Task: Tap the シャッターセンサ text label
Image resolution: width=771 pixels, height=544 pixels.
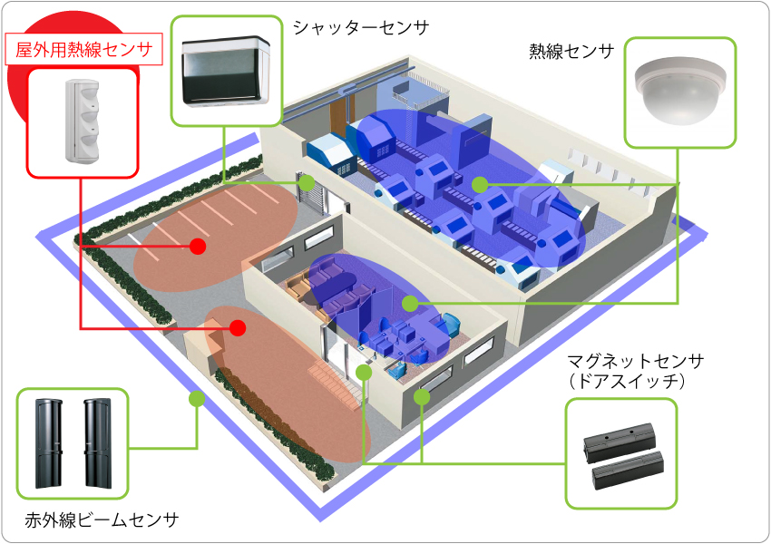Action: point(360,28)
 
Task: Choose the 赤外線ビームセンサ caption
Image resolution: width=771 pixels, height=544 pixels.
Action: point(102,520)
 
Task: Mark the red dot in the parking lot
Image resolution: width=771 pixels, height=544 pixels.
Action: point(198,246)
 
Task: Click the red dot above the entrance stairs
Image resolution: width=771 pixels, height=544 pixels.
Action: point(238,327)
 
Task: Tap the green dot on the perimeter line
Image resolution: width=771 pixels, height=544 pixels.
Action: point(195,398)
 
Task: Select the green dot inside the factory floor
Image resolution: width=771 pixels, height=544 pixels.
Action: point(479,184)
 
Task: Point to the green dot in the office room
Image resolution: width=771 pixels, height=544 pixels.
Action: point(409,303)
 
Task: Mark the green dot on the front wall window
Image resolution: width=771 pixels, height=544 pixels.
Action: point(422,396)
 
